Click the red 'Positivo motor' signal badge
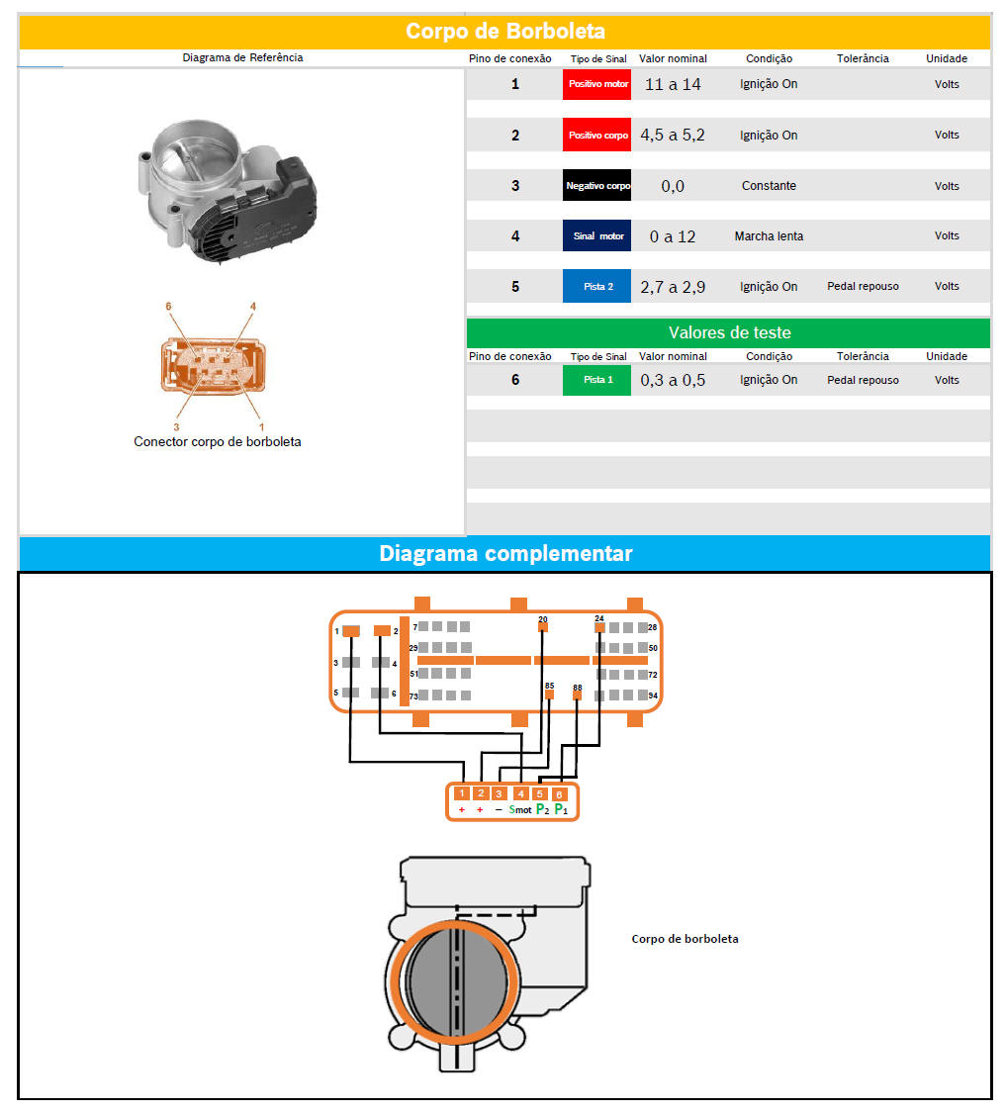click(x=596, y=84)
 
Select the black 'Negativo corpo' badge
click(x=596, y=185)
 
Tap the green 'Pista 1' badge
click(x=596, y=380)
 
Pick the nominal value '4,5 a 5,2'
click(x=673, y=135)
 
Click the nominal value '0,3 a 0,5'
click(x=673, y=380)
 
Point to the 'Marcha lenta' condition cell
click(x=769, y=236)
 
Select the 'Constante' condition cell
click(x=769, y=186)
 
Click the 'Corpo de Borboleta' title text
click(x=504, y=32)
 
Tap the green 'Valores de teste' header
click(x=729, y=332)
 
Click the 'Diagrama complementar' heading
click(x=504, y=554)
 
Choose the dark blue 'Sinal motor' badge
click(x=596, y=235)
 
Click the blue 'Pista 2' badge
click(x=596, y=286)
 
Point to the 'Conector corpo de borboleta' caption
click(x=218, y=441)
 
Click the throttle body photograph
click(x=228, y=190)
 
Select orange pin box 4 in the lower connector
click(x=520, y=793)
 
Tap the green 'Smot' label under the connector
click(x=519, y=810)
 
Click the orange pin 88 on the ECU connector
click(x=578, y=693)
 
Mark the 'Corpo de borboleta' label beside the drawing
click(x=686, y=939)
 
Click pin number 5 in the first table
click(x=515, y=287)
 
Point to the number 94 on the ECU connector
click(x=653, y=696)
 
